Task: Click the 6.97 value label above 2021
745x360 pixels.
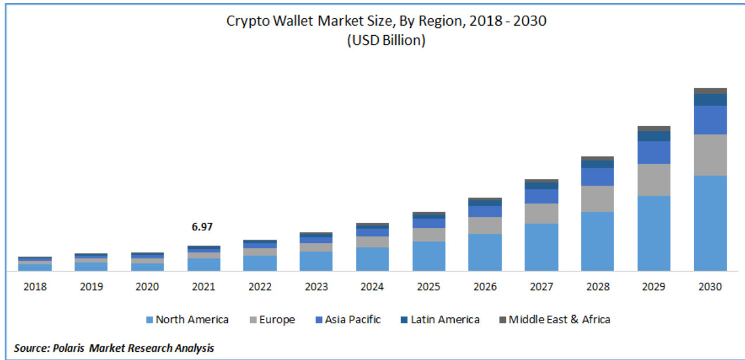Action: pos(203,227)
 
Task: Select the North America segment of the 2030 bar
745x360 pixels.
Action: pos(710,223)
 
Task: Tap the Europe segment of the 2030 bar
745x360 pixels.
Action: pos(710,155)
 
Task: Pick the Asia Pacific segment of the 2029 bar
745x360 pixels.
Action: pos(654,152)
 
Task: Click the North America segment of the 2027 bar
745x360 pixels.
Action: pos(541,247)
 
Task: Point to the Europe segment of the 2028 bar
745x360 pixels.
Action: pos(597,199)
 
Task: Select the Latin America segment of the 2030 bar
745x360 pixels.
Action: pos(710,100)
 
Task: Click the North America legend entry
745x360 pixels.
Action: pos(187,320)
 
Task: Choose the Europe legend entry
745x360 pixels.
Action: pos(272,320)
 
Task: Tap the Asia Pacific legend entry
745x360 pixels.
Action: pos(348,320)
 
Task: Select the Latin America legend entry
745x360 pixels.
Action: pos(439,320)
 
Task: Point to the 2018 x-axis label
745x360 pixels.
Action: pos(34,287)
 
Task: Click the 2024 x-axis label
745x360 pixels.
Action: pos(372,287)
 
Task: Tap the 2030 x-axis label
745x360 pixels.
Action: pos(710,287)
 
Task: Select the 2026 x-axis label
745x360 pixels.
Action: pos(485,287)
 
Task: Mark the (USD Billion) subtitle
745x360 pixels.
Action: pos(386,40)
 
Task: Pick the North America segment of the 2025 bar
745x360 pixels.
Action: pos(428,256)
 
